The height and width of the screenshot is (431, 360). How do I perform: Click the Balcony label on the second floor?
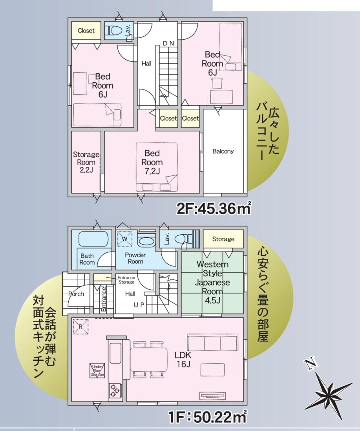point(223,151)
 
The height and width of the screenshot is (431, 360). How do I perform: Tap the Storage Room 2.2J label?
point(86,162)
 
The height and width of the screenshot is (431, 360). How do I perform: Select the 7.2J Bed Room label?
point(152,162)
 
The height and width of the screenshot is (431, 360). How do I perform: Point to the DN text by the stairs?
point(168,43)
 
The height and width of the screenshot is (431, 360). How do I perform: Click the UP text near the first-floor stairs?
point(139,305)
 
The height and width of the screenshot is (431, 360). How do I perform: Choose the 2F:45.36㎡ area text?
point(214,208)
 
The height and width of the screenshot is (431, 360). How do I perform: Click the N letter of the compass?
point(311,364)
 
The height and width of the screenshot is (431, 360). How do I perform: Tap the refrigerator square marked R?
point(80,327)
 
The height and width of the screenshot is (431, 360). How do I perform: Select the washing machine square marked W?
point(125,239)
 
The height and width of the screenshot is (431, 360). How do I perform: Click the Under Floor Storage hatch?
point(97,371)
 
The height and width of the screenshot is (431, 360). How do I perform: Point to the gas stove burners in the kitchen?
point(115,390)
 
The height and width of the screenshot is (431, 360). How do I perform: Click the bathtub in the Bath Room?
point(93,239)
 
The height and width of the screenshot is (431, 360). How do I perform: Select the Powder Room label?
point(135,258)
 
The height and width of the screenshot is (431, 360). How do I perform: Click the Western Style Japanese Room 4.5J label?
point(213,282)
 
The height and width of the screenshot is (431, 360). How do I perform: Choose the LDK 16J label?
point(183,360)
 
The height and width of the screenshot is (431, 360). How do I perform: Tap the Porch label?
point(76,294)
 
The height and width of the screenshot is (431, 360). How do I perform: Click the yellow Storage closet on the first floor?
point(223,239)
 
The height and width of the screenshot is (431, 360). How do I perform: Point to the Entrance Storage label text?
point(126,280)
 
